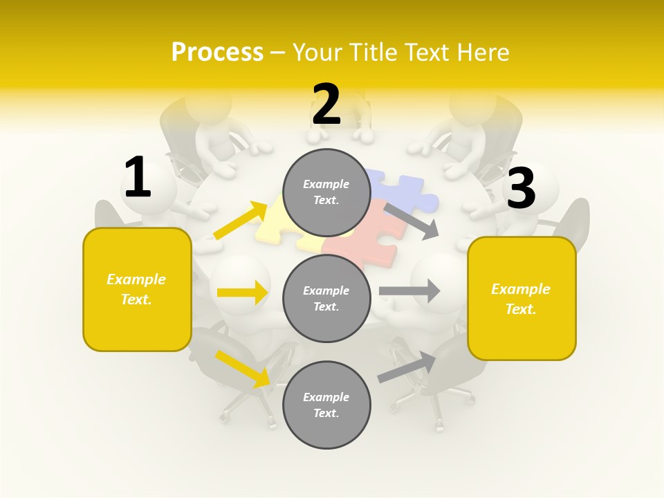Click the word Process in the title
point(217,53)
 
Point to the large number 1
point(138,178)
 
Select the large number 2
point(326,105)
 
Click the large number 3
point(521,189)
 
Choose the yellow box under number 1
point(137,289)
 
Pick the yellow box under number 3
point(522,298)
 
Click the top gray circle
point(326,192)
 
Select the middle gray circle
point(326,298)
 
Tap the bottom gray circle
point(326,405)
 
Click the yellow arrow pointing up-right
point(241,221)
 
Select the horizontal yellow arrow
point(242,293)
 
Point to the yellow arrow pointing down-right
point(243,368)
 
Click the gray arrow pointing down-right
point(412,221)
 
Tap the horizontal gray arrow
point(409,290)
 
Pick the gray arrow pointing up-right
point(407,367)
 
